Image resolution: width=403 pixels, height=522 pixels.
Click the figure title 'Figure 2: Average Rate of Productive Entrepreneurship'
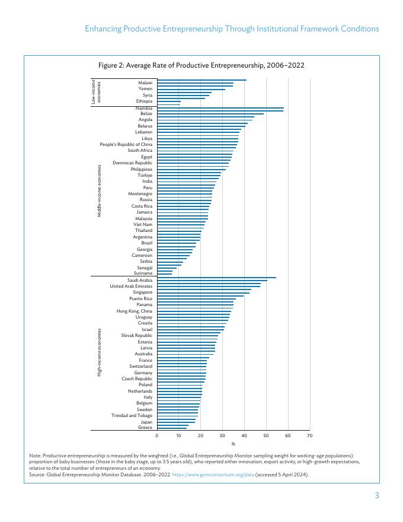pyautogui.click(x=201, y=65)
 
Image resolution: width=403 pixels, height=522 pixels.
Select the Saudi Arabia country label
pyautogui.click(x=140, y=280)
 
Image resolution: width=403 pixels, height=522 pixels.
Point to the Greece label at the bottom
pyautogui.click(x=145, y=428)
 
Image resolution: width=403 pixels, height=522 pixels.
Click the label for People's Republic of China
pyautogui.click(x=126, y=145)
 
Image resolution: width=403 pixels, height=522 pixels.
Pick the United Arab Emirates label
pyautogui.click(x=131, y=286)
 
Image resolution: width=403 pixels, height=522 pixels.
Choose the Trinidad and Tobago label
pyautogui.click(x=132, y=415)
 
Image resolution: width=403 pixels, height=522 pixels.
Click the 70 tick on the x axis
pyautogui.click(x=309, y=436)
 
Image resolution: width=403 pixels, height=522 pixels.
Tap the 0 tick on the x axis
pyautogui.click(x=157, y=436)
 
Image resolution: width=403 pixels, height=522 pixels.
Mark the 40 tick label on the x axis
pyautogui.click(x=244, y=436)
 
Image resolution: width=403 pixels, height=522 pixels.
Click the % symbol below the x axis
pyautogui.click(x=233, y=444)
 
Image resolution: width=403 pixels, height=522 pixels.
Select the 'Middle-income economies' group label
pyautogui.click(x=100, y=190)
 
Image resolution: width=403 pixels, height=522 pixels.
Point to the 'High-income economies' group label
pyautogui.click(x=100, y=352)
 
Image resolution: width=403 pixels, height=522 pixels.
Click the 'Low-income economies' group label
pyautogui.click(x=97, y=92)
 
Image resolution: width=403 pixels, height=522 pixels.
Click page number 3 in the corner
pyautogui.click(x=376, y=496)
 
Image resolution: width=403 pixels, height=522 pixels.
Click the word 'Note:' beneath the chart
pyautogui.click(x=35, y=455)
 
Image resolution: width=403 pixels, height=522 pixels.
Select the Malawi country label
pyautogui.click(x=145, y=82)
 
